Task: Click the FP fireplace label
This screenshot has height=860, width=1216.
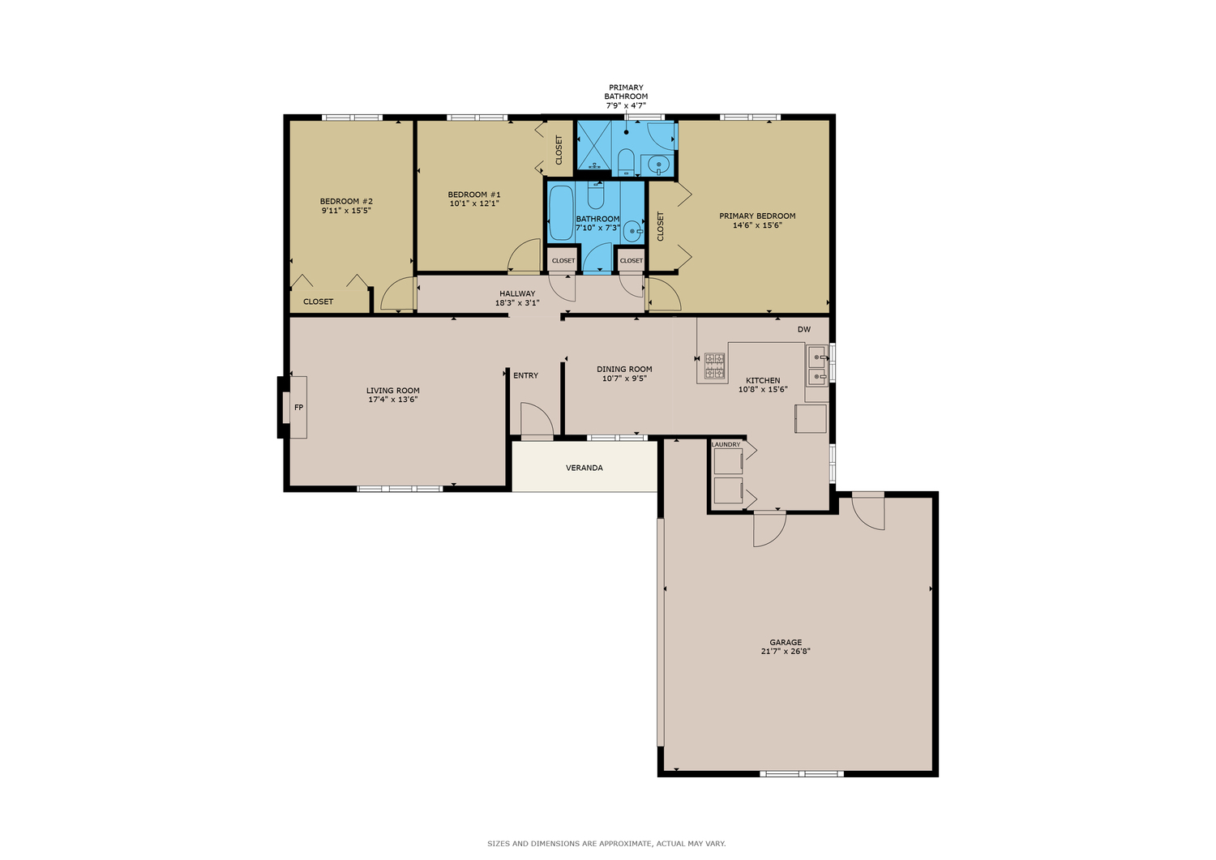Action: tap(298, 407)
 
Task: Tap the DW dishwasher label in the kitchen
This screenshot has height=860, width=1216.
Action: tap(804, 330)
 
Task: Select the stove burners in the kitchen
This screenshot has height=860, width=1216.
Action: tap(714, 366)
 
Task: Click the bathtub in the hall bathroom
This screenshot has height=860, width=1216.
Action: tap(561, 213)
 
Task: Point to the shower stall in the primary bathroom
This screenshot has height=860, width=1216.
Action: tap(594, 145)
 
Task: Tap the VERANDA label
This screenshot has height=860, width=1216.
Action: tap(584, 468)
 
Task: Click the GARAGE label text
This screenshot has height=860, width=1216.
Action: tap(786, 642)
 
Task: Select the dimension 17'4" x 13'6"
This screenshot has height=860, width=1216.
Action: tap(393, 400)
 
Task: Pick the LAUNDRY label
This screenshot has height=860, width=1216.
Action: tap(726, 445)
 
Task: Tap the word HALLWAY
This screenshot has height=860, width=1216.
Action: tap(517, 293)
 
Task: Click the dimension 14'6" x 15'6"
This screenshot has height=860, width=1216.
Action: tap(757, 225)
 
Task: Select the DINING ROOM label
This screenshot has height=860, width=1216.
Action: tap(624, 369)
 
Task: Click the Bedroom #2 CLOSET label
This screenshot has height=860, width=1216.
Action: tap(318, 302)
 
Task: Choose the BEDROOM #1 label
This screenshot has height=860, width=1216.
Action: tap(474, 195)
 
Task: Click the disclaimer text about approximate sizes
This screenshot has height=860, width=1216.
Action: tap(606, 844)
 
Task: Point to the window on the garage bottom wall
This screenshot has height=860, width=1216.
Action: tap(802, 773)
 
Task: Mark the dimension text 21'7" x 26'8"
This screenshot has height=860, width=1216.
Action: tap(786, 652)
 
